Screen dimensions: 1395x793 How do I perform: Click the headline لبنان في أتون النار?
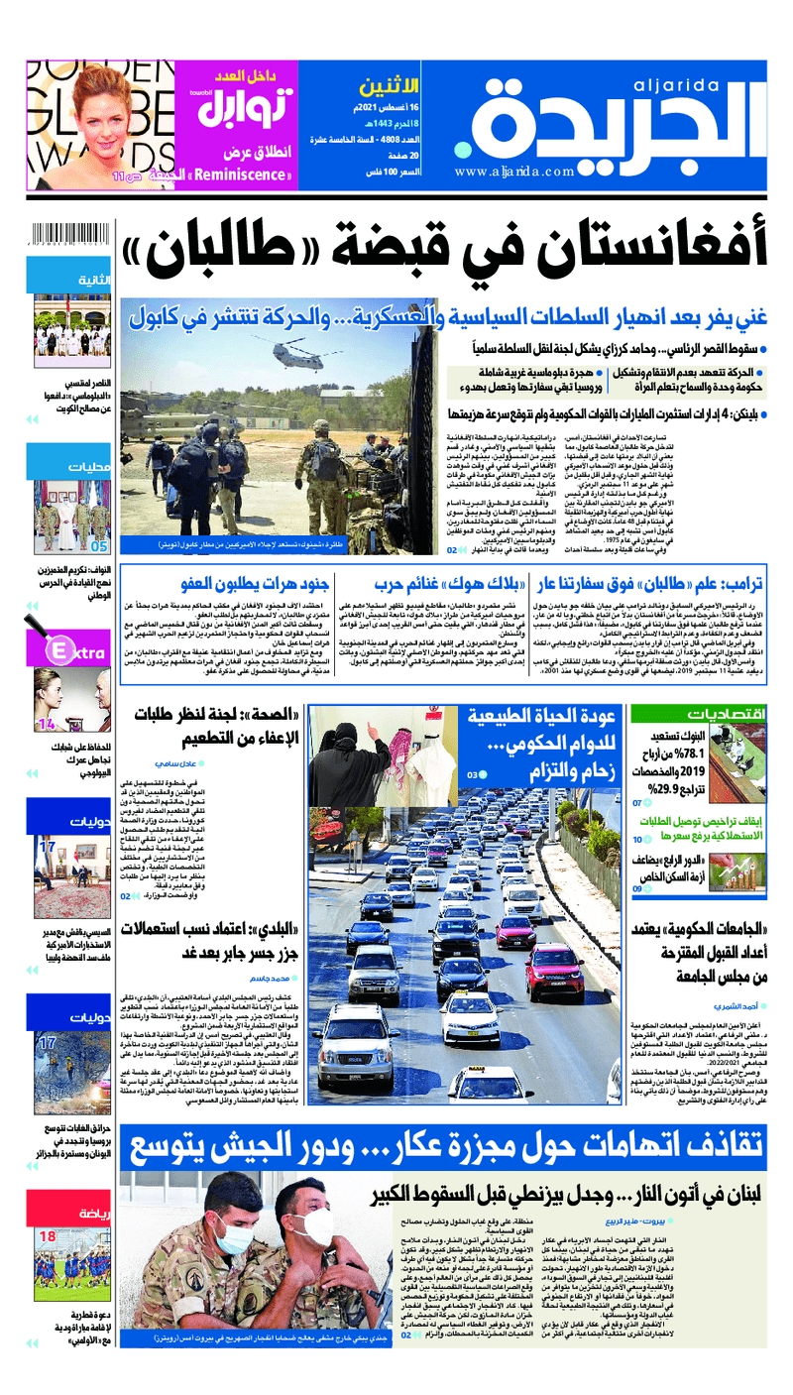(565, 1193)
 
